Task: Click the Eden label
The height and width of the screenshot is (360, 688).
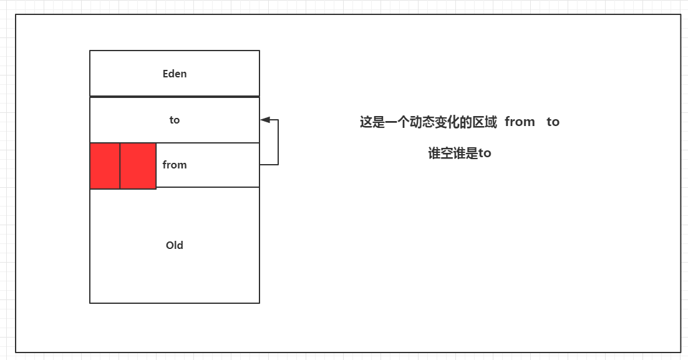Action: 175,74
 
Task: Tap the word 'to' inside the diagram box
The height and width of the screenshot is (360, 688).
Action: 175,120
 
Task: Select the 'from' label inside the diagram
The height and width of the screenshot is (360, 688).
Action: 175,165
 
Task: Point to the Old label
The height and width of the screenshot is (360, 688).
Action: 175,245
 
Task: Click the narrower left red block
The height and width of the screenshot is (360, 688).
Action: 105,166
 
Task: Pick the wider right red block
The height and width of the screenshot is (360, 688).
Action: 138,166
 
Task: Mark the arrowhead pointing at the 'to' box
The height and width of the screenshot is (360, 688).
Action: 265,119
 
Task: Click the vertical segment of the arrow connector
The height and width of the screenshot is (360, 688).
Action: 278,142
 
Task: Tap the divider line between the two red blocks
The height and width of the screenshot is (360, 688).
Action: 120,166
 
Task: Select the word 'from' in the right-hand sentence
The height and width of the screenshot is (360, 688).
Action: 520,122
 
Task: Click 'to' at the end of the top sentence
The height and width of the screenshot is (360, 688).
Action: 553,122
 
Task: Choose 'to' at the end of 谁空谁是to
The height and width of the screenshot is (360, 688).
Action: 485,153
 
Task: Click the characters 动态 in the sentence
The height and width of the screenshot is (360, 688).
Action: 422,122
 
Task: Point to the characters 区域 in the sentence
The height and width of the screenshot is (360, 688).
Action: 485,122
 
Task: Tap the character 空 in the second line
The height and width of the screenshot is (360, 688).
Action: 447,153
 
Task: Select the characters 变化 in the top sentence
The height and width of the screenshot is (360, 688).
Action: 447,122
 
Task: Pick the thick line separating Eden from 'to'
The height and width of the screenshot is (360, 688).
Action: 175,97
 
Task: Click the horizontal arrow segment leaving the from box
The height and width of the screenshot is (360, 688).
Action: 269,165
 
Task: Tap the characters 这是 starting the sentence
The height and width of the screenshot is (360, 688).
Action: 372,122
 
